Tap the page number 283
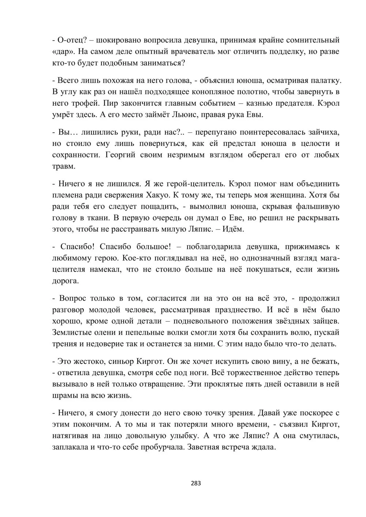[196, 483]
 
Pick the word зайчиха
[322, 132]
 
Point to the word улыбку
[184, 436]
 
